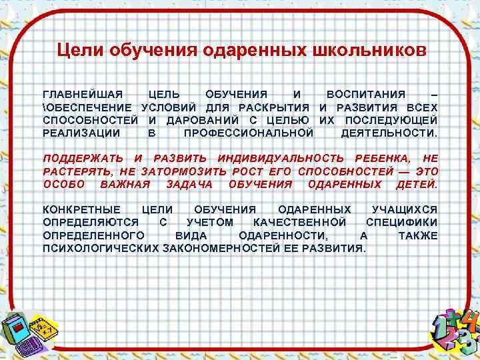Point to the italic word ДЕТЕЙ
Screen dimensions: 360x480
tap(417, 183)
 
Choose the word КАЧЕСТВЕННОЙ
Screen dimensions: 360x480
tap(300, 222)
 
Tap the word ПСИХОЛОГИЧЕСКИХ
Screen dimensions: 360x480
tap(100, 248)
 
